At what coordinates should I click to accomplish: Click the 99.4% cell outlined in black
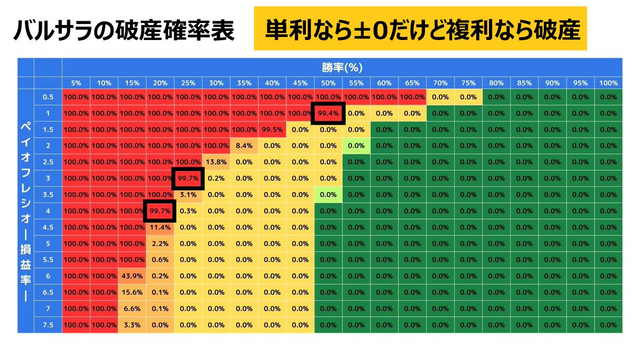click(x=328, y=113)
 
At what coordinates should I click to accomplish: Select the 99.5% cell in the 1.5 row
click(x=272, y=129)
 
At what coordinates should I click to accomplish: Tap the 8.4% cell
click(x=244, y=146)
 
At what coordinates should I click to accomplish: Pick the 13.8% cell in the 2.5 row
click(x=216, y=162)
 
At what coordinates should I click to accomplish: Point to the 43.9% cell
click(x=132, y=276)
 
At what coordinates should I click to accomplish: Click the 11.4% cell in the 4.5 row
click(x=160, y=227)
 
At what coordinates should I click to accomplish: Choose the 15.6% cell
click(x=132, y=292)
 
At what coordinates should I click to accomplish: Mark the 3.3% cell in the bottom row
click(x=132, y=325)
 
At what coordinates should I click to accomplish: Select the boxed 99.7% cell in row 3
click(x=188, y=178)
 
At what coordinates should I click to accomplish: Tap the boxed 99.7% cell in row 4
click(x=160, y=211)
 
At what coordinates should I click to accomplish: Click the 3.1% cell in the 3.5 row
click(x=188, y=195)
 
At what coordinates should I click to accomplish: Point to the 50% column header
click(x=328, y=83)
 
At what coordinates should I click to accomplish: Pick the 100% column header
click(x=608, y=83)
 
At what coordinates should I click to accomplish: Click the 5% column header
click(x=76, y=83)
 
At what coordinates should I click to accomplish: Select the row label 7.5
click(x=48, y=325)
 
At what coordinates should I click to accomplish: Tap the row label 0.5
click(x=48, y=97)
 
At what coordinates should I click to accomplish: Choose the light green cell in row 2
click(x=356, y=146)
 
